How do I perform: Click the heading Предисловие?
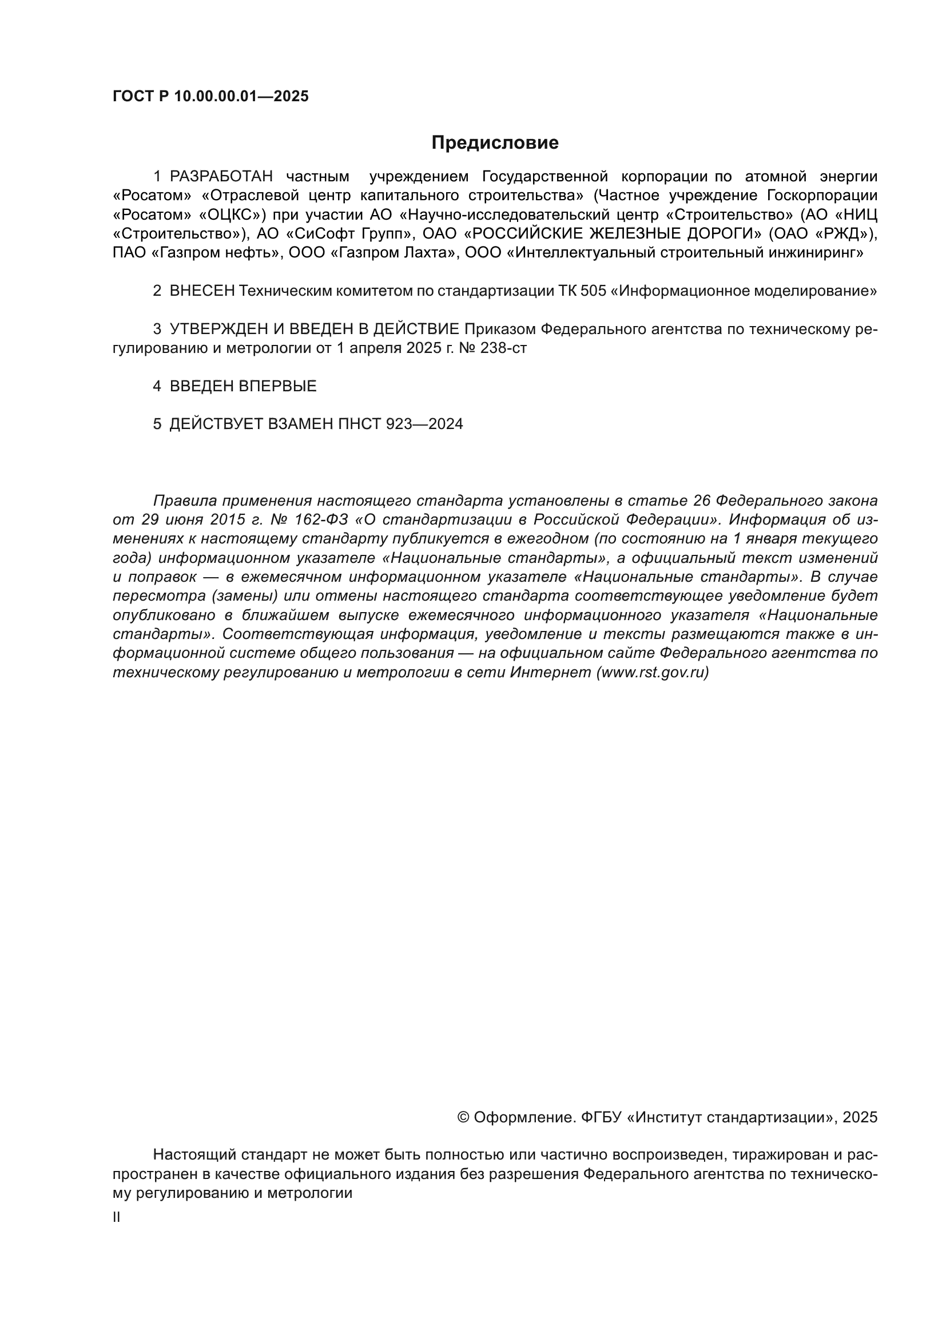(x=495, y=143)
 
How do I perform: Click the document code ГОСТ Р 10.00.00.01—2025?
(x=210, y=97)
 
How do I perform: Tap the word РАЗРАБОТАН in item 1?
(x=221, y=177)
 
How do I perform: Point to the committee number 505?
(x=593, y=291)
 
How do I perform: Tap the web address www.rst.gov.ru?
(x=653, y=673)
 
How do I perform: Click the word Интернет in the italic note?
(x=550, y=673)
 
